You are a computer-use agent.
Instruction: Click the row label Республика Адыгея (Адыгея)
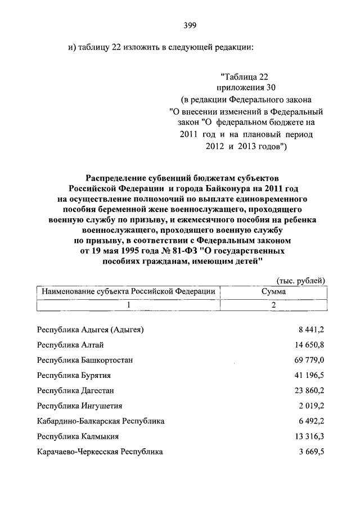91,330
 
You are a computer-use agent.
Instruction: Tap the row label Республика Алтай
70,345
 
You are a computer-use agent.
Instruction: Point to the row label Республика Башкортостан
85,360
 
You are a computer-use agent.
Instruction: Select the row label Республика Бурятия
73,375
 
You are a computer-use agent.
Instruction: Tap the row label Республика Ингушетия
79,406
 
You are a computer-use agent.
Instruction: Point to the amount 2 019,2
309,406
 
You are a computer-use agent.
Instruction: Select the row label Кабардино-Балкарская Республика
101,421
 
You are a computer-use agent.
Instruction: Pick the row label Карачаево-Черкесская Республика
100,451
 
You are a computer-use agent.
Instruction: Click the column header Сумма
273,292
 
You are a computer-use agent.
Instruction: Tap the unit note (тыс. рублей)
301,281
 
